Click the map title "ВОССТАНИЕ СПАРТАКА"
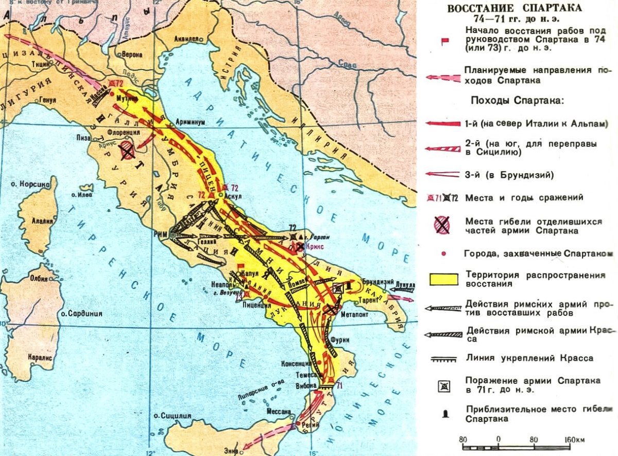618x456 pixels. click(514, 9)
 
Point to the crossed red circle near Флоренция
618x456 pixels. click(128, 151)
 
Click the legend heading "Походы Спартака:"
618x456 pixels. click(517, 100)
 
